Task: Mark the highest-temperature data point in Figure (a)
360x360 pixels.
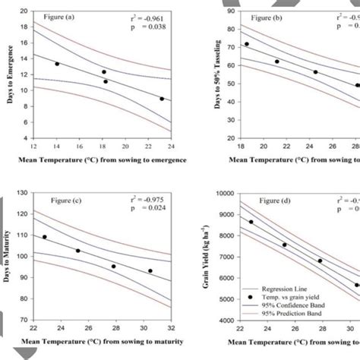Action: [162, 99]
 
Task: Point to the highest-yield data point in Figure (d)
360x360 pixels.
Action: [251, 222]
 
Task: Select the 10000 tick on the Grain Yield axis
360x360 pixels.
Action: [224, 194]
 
